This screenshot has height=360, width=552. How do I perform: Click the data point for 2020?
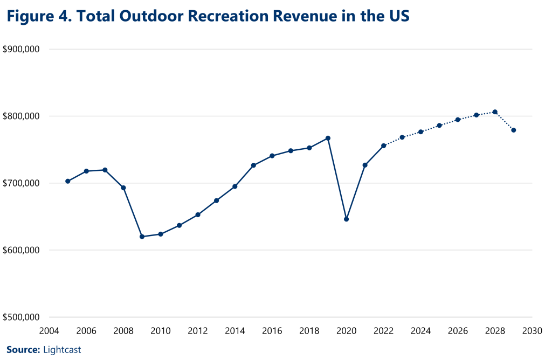(x=347, y=219)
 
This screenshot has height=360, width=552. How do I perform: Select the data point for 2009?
(x=142, y=237)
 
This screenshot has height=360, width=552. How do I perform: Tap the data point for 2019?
(x=328, y=139)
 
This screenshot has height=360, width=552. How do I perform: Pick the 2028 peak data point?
(x=495, y=112)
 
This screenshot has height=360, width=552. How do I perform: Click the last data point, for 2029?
(x=514, y=130)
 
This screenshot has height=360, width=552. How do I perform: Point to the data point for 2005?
(x=67, y=181)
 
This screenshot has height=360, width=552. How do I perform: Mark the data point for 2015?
(x=253, y=165)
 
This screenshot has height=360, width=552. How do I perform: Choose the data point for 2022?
(x=383, y=146)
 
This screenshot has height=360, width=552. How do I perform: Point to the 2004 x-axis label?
(x=49, y=330)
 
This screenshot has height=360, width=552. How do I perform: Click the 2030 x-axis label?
(x=532, y=330)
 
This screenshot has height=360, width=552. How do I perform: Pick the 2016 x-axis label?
(x=272, y=330)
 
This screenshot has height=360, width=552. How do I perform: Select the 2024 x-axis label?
(x=420, y=330)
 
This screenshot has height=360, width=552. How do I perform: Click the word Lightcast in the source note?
(x=61, y=350)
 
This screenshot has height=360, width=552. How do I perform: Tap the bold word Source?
(x=23, y=350)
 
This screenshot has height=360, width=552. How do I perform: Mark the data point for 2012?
(x=198, y=214)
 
